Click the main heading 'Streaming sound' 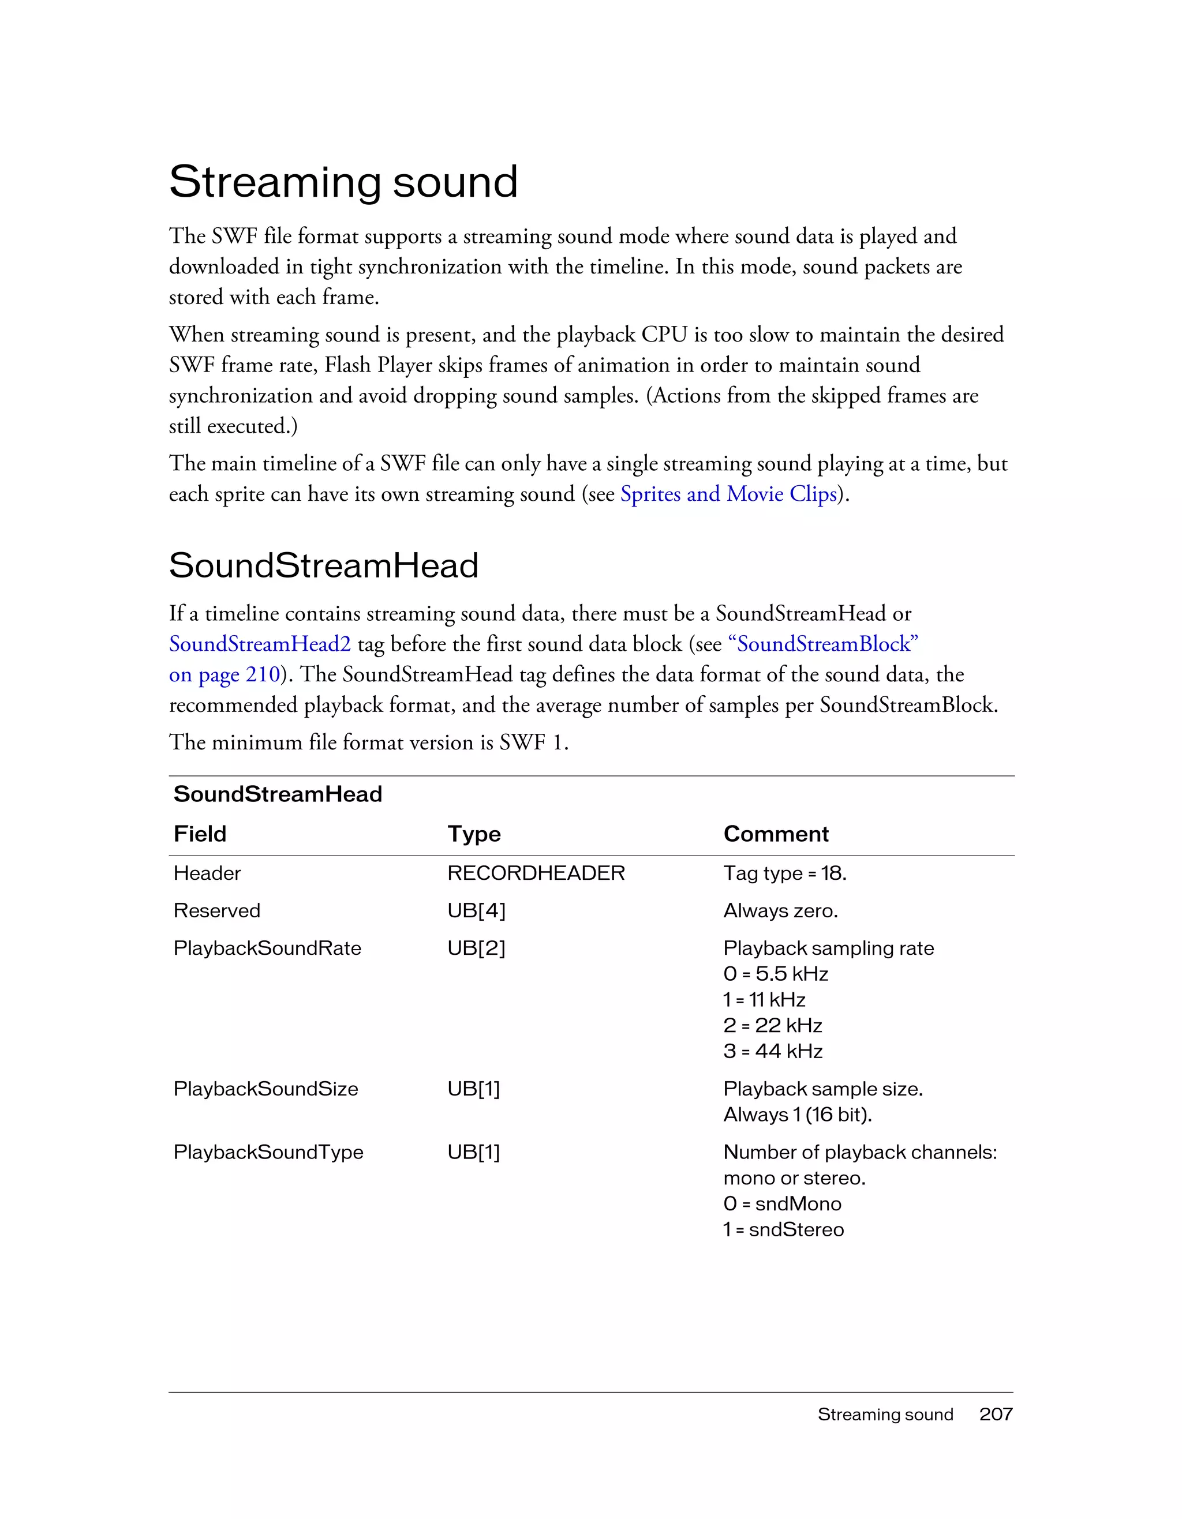343,182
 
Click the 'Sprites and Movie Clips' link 728,494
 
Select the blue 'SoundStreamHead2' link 260,644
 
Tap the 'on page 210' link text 224,674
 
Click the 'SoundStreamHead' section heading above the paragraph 324,565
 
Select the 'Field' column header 200,833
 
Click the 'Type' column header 474,833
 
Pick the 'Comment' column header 776,833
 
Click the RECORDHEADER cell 536,873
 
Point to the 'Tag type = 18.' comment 785,873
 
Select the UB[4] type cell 476,910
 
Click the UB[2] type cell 476,948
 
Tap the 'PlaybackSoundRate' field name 267,948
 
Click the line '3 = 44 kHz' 772,1051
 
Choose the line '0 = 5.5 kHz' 775,974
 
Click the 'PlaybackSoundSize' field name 265,1089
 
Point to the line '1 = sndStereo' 783,1229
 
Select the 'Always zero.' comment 780,910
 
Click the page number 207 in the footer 996,1414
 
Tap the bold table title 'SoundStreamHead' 278,794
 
